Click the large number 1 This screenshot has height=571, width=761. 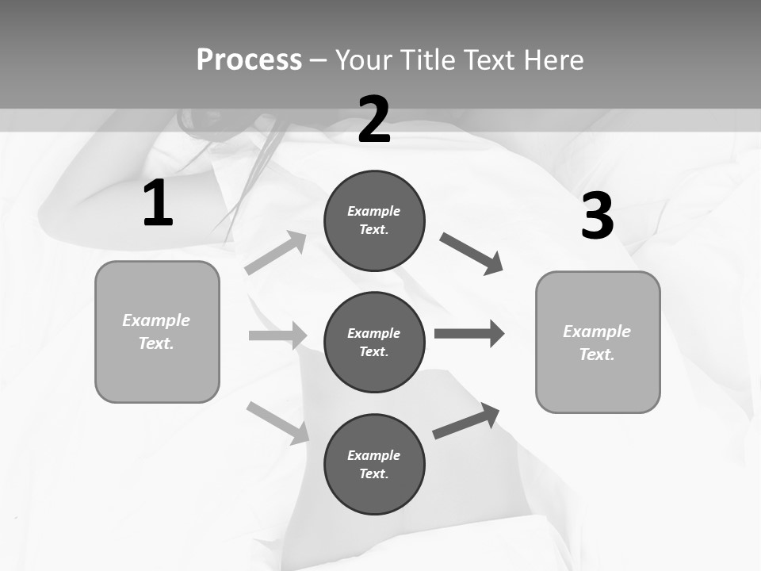[x=158, y=204]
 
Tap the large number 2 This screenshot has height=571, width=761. [x=374, y=120]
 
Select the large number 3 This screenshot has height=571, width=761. [x=597, y=217]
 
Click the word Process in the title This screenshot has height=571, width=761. [x=249, y=59]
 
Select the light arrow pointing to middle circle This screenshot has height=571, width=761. [x=277, y=335]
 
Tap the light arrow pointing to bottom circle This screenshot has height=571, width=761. [x=278, y=423]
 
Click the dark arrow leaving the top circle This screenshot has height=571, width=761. [x=472, y=254]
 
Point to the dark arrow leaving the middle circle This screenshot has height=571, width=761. [x=469, y=333]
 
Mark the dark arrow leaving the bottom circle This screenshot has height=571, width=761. [x=466, y=421]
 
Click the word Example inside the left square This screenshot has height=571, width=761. [x=156, y=320]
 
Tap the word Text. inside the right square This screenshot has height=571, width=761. [x=597, y=354]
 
